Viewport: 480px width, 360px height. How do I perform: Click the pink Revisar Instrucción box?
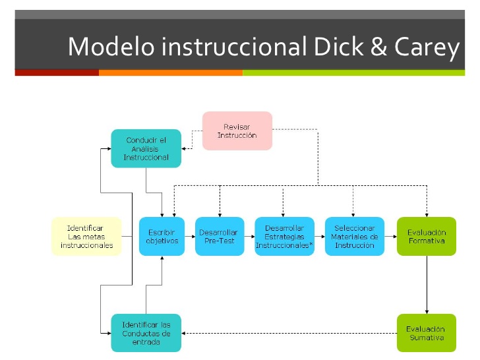(237, 131)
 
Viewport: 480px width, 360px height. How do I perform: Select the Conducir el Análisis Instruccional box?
(146, 149)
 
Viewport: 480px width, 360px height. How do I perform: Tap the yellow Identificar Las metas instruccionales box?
(86, 236)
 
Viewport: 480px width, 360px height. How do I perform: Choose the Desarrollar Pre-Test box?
(220, 236)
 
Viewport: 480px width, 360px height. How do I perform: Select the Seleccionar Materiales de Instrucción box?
(354, 236)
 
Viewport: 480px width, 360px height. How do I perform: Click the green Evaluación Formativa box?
(427, 236)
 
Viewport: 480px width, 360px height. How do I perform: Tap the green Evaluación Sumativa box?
(427, 333)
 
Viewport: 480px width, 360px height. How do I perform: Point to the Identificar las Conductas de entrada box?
(146, 333)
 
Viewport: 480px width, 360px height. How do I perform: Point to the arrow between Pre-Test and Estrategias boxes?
(250, 236)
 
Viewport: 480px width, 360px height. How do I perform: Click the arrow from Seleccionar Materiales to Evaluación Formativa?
(390, 236)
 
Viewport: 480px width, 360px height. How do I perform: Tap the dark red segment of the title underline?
(57, 73)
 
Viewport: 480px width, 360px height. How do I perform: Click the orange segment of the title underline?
(171, 73)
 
